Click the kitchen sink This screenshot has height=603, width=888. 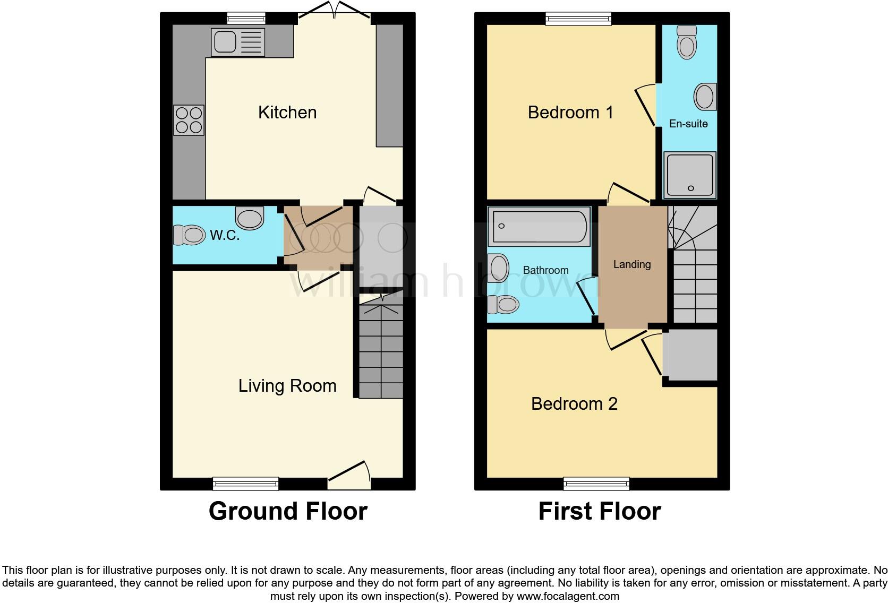tap(238, 42)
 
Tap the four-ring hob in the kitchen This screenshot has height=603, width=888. tap(189, 120)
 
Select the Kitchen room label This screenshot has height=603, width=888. tap(287, 113)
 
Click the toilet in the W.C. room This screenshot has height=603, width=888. tap(189, 235)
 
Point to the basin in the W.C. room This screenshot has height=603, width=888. tap(250, 218)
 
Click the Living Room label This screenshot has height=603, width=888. tap(287, 386)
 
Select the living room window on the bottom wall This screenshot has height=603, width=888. tap(245, 483)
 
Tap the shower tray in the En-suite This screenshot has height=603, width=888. tap(690, 174)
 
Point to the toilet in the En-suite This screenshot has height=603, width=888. tap(687, 42)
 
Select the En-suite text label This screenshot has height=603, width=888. tap(688, 124)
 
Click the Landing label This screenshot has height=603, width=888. tap(631, 264)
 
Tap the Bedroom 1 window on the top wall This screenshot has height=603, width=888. tap(578, 19)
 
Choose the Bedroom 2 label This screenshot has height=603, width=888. tap(574, 404)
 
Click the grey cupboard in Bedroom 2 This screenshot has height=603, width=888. tap(690, 355)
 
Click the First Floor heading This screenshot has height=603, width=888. tap(599, 511)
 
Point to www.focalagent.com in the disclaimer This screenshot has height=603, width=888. tap(568, 596)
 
